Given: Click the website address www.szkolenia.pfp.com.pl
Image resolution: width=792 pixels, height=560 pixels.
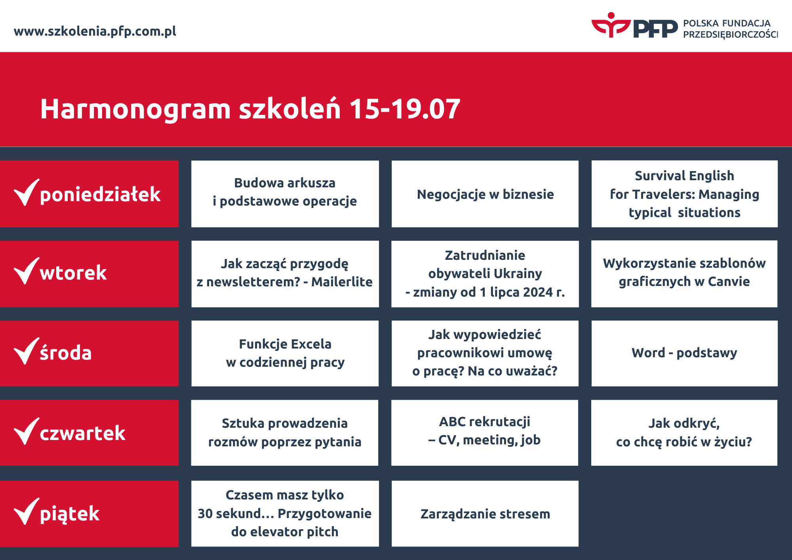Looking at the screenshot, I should (x=95, y=31).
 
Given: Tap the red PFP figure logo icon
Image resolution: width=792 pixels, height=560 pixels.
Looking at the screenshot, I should (x=611, y=25).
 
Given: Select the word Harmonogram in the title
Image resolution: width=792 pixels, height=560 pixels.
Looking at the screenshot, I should (x=135, y=109).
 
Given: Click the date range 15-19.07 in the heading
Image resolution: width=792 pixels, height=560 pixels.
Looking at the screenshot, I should (x=404, y=109).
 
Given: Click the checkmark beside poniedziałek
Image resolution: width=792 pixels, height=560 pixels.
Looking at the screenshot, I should (x=26, y=193).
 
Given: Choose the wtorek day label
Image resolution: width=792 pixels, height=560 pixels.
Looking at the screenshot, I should (x=73, y=273).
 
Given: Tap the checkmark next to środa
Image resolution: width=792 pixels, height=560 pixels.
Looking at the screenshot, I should (x=26, y=351).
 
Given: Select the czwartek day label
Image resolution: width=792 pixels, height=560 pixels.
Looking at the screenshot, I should (x=82, y=433).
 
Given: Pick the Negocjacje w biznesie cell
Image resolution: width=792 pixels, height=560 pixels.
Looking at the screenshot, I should (x=485, y=194).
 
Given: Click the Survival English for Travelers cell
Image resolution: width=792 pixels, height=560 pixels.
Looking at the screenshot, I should (x=684, y=194).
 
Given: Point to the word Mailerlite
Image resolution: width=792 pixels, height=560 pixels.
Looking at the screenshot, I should (x=341, y=282).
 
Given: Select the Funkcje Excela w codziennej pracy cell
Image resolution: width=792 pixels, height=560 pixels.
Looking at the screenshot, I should (x=285, y=353).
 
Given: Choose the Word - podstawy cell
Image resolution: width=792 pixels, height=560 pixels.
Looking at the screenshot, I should (x=684, y=353).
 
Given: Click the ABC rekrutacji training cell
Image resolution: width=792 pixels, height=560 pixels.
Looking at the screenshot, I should (x=485, y=431).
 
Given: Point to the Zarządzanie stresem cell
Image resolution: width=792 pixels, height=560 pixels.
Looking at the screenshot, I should (x=485, y=514).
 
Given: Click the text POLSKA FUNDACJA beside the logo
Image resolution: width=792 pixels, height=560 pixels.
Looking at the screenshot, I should (x=727, y=23).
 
